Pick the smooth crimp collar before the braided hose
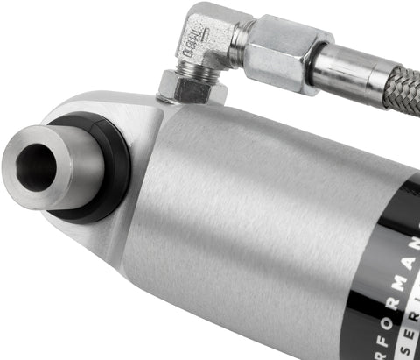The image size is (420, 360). pos(345,74)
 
